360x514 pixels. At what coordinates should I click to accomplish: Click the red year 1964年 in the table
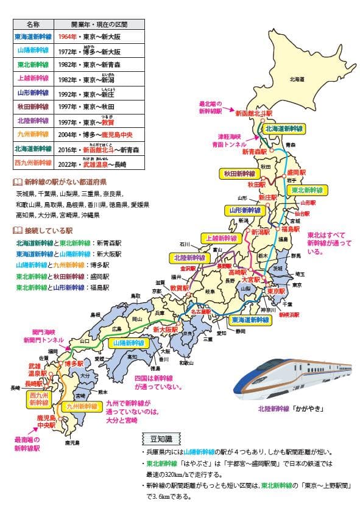tap(68, 37)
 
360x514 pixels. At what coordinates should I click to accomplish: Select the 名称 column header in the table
tap(34, 24)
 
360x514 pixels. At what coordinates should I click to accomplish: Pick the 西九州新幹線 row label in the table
tap(34, 163)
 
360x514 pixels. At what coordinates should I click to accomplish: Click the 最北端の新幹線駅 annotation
tap(213, 107)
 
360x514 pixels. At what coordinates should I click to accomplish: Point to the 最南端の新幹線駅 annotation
tap(27, 443)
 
